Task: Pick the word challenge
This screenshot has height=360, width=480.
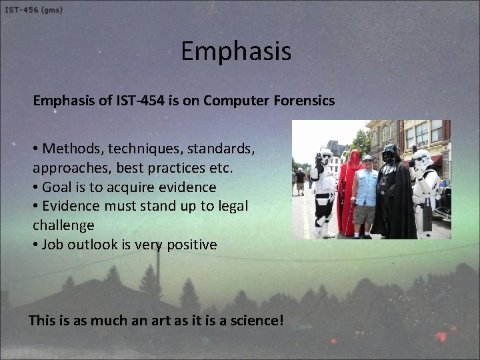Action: pos(63,225)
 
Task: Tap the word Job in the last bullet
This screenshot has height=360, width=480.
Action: pos(53,244)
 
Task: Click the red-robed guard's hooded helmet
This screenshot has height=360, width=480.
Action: pos(354,157)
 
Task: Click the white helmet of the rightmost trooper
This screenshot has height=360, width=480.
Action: pos(422,159)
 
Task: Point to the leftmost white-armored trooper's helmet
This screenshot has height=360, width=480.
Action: pos(325,157)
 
